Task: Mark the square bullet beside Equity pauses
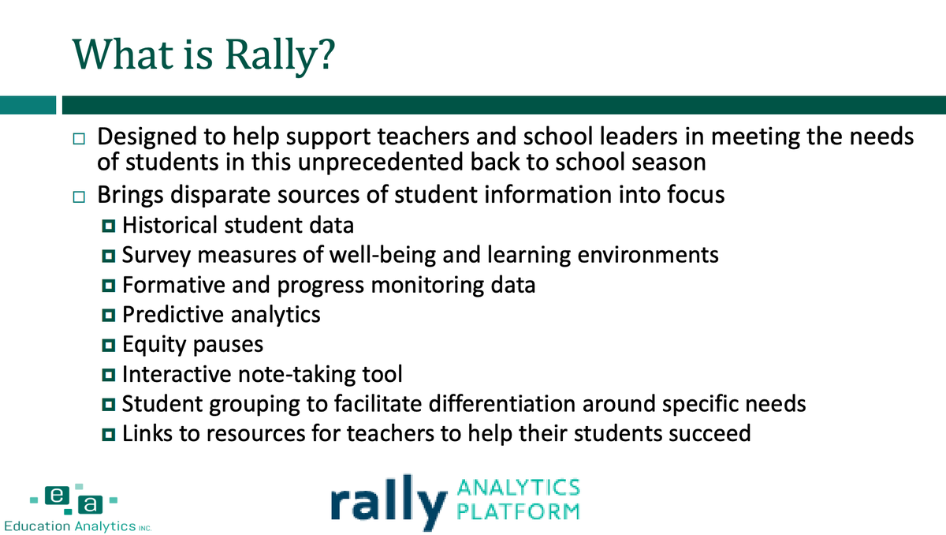(108, 345)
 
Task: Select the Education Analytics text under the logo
(70, 526)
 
